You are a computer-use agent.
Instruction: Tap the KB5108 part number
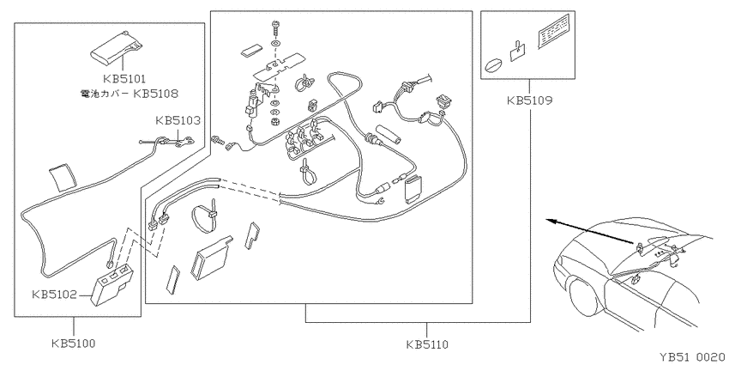[x=156, y=93]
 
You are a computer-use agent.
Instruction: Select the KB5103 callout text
[x=178, y=120]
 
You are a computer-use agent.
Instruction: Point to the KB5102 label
[x=54, y=295]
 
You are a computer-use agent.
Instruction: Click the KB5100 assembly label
[x=74, y=344]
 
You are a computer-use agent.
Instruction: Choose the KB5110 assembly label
[x=427, y=344]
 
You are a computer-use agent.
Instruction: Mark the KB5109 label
[x=529, y=100]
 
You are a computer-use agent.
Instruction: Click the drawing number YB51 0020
[x=692, y=357]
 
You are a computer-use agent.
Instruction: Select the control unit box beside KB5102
[x=112, y=286]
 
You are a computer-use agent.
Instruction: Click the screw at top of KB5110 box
[x=274, y=28]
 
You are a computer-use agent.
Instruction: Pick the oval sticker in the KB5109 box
[x=494, y=65]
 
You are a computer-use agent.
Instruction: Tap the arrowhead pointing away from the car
[x=551, y=221]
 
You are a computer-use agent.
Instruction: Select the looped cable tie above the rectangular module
[x=205, y=217]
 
